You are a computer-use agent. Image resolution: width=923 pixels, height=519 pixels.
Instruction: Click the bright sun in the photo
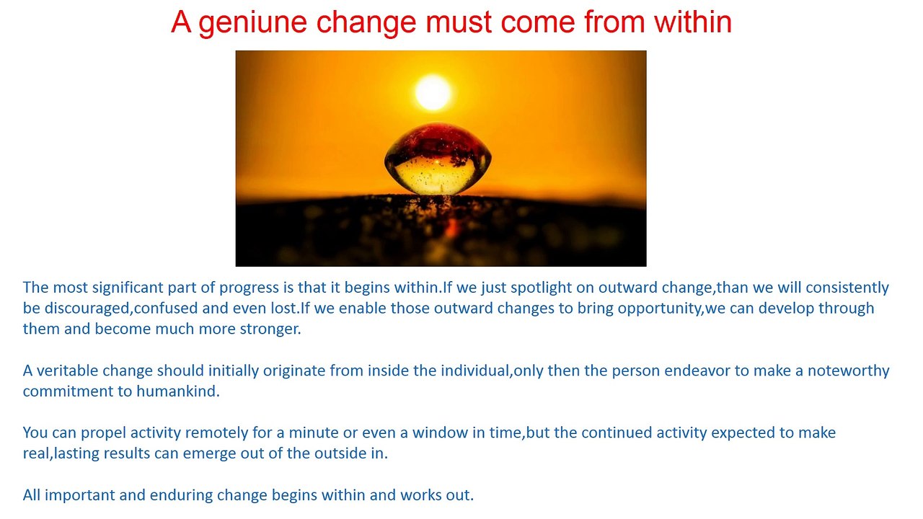(x=433, y=92)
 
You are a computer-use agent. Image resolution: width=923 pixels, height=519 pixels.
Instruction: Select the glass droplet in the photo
(x=438, y=159)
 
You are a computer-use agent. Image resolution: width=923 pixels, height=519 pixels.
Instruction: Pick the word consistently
(x=847, y=288)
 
